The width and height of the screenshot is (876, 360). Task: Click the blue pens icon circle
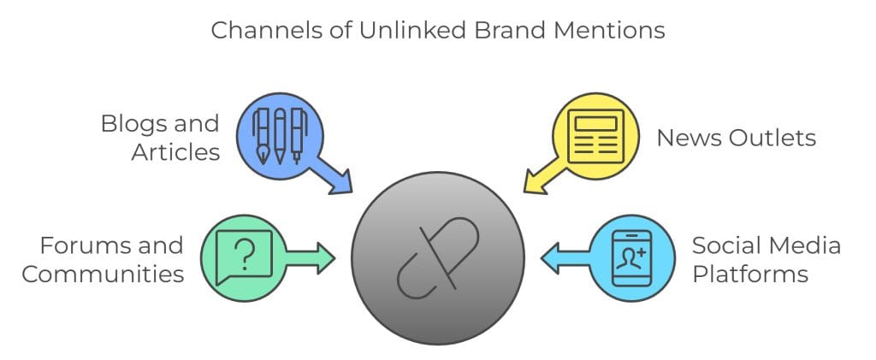280,133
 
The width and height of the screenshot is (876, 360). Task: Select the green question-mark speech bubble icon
244,257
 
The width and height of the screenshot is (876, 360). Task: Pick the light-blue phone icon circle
632,257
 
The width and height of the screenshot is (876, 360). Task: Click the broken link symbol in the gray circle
437,257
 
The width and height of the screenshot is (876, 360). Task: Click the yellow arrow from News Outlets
542,176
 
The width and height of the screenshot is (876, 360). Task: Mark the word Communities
103,274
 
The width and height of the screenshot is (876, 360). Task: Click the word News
684,138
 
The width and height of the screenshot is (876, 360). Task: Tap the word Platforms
750,274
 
